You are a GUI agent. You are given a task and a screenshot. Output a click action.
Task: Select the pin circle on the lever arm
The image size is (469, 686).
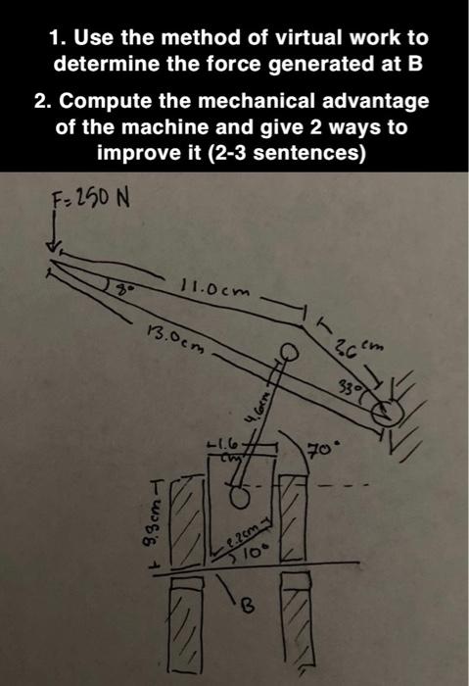pos(288,352)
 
